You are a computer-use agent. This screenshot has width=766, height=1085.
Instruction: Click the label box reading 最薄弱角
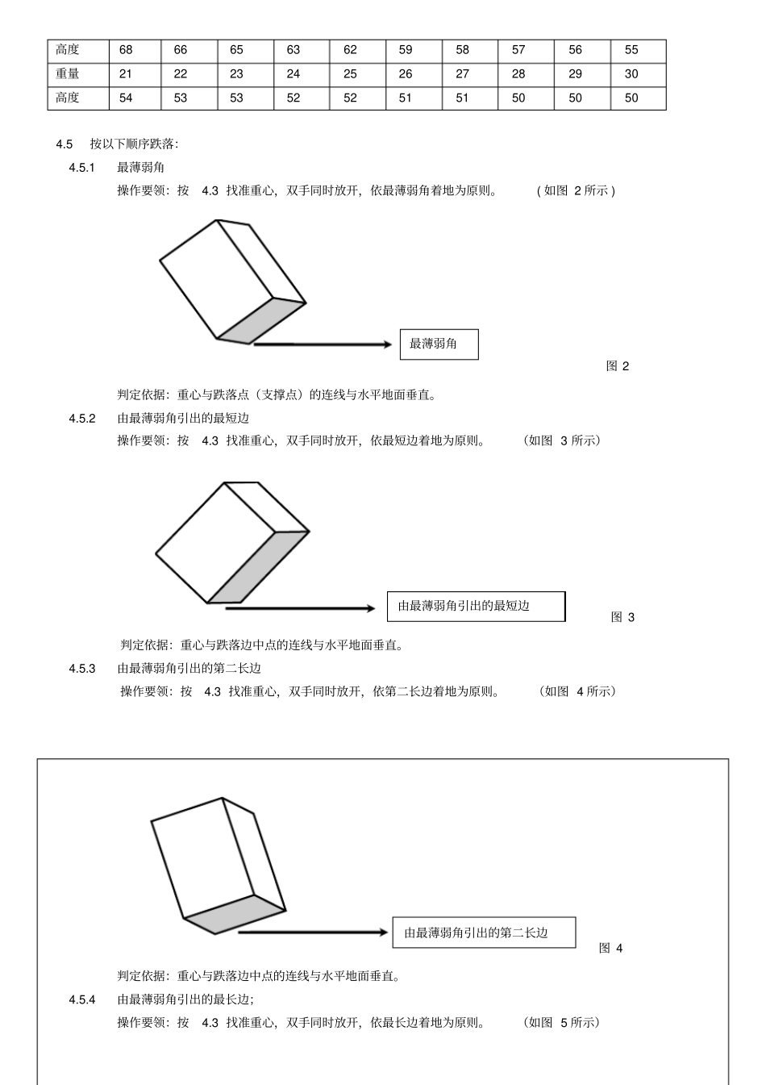coord(439,344)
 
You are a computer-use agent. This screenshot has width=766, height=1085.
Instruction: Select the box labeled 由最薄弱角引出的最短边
coord(476,607)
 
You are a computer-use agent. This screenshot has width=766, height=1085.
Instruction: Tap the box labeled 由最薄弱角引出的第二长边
coord(484,933)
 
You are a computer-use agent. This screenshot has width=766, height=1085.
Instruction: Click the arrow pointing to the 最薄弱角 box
coord(323,344)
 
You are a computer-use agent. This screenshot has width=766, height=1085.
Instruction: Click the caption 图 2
coord(618,366)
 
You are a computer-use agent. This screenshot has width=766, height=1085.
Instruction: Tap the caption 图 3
coord(622,617)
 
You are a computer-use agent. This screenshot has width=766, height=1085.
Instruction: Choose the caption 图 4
coord(610,948)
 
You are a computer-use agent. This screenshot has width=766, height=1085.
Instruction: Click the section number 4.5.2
coord(82,418)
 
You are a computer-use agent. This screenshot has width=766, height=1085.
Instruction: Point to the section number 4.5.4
coord(82,999)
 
